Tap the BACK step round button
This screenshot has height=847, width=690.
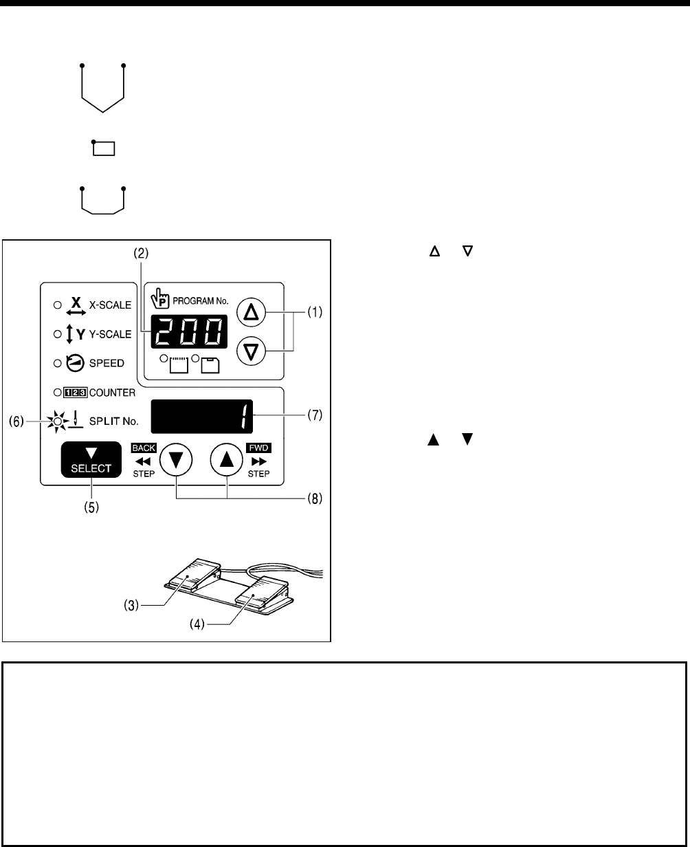[176, 459]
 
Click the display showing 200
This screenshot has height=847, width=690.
[186, 333]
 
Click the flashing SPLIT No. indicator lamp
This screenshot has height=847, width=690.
[58, 419]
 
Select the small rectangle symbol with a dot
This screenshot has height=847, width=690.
[104, 148]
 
